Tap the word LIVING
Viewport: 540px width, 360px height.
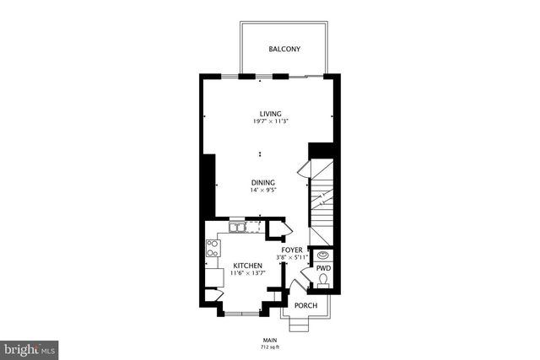pyautogui.click(x=270, y=114)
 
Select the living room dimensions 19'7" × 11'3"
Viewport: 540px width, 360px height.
pyautogui.click(x=270, y=122)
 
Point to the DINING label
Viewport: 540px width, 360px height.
pyautogui.click(x=262, y=182)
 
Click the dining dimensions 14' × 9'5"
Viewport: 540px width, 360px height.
pyautogui.click(x=262, y=191)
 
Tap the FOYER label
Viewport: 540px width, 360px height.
pyautogui.click(x=292, y=250)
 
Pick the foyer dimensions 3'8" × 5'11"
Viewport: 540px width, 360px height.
pyautogui.click(x=292, y=258)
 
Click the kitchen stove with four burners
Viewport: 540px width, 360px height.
pyautogui.click(x=213, y=247)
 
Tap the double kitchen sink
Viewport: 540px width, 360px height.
pyautogui.click(x=237, y=227)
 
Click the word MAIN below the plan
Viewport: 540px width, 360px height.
pyautogui.click(x=269, y=340)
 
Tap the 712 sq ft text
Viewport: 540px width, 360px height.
pyautogui.click(x=269, y=347)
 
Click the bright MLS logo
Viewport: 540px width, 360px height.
pyautogui.click(x=30, y=347)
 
